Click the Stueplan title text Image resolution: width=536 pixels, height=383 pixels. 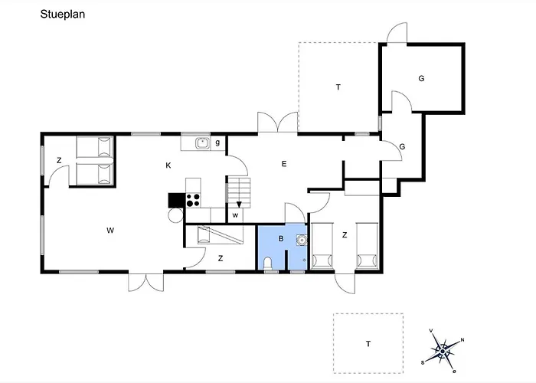tap(63, 15)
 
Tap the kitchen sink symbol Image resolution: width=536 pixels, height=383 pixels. tap(203, 143)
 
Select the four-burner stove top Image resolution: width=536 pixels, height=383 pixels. tap(193, 200)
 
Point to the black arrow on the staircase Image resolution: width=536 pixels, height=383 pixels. tap(239, 205)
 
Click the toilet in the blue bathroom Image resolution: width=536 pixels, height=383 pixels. tap(268, 264)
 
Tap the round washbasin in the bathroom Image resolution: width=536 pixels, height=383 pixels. tap(302, 240)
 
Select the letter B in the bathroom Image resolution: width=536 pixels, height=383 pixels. tap(281, 239)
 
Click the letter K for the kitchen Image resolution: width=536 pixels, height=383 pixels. tap(168, 165)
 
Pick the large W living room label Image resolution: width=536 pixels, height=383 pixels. tap(110, 231)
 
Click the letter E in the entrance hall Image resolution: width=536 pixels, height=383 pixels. tap(284, 164)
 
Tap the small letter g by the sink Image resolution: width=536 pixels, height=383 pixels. tap(217, 142)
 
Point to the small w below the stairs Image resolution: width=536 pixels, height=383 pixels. tap(235, 215)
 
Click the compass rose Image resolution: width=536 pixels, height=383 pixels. tap(443, 351)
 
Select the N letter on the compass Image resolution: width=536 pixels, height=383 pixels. tap(462, 340)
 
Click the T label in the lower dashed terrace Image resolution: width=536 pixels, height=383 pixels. tap(368, 344)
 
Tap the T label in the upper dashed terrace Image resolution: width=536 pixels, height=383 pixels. tap(338, 87)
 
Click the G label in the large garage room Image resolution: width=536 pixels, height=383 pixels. tap(421, 78)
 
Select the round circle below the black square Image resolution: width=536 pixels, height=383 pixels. tap(175, 215)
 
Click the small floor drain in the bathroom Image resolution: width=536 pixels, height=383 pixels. tap(304, 260)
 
